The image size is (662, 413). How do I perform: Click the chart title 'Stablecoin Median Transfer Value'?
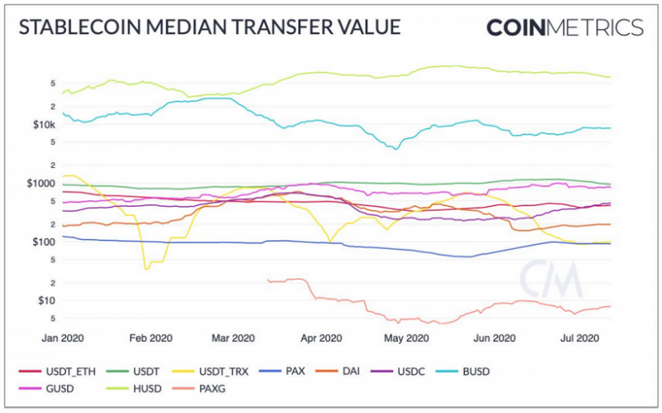[209, 26]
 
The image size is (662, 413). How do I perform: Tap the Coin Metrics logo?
[564, 26]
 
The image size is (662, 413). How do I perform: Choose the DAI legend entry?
[348, 371]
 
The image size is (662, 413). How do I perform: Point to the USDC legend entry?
[409, 371]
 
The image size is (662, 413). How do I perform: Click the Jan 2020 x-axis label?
[61, 338]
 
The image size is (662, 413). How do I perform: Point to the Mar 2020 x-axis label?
[233, 338]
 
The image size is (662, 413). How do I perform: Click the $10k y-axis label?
[43, 125]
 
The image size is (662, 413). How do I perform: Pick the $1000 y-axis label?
[41, 184]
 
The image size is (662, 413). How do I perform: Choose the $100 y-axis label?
[45, 243]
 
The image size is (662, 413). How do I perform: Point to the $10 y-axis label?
[47, 300]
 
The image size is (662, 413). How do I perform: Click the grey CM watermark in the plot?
[543, 282]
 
